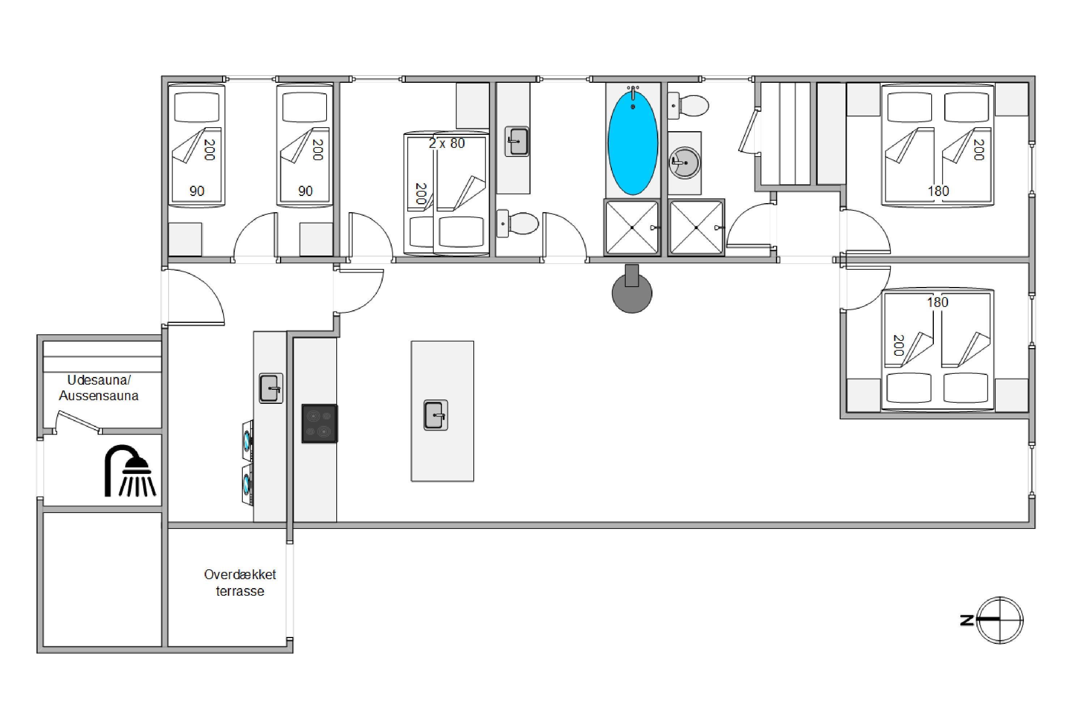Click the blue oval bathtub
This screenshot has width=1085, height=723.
pos(633,143)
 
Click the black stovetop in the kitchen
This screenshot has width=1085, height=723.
pos(319,424)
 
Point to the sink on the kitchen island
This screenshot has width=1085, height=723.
pos(435,415)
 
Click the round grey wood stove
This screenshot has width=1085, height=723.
pos(631,289)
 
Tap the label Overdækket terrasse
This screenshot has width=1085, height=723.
pos(240,582)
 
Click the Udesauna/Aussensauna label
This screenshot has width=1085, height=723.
pos(99,388)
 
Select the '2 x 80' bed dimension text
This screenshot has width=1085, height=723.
pos(447,144)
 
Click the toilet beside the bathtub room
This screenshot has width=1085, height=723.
pos(688,106)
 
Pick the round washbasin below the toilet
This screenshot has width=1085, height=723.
pos(685,162)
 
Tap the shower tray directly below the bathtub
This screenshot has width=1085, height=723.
pos(632,227)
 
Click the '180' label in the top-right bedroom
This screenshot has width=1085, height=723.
pos(938,191)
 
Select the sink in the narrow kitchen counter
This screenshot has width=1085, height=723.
pos(271,388)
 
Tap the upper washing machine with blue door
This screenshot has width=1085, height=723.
pos(248,441)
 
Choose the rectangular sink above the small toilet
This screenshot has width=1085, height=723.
pos(517,142)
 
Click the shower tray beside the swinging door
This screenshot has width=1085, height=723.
pos(696,227)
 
